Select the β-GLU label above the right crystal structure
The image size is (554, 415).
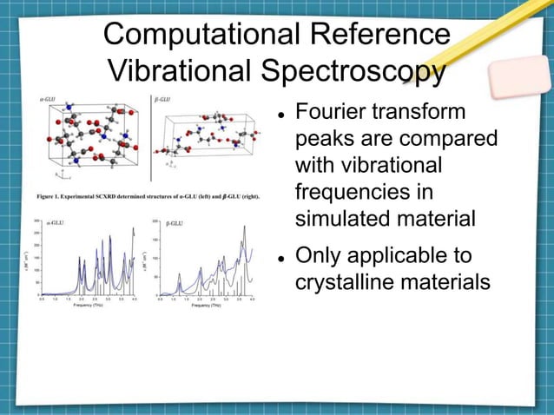pos(162,98)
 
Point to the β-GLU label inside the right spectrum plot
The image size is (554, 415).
pos(174,224)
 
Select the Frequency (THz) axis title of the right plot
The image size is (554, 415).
pos(205,306)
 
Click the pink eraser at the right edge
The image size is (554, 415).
pos(520,77)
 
